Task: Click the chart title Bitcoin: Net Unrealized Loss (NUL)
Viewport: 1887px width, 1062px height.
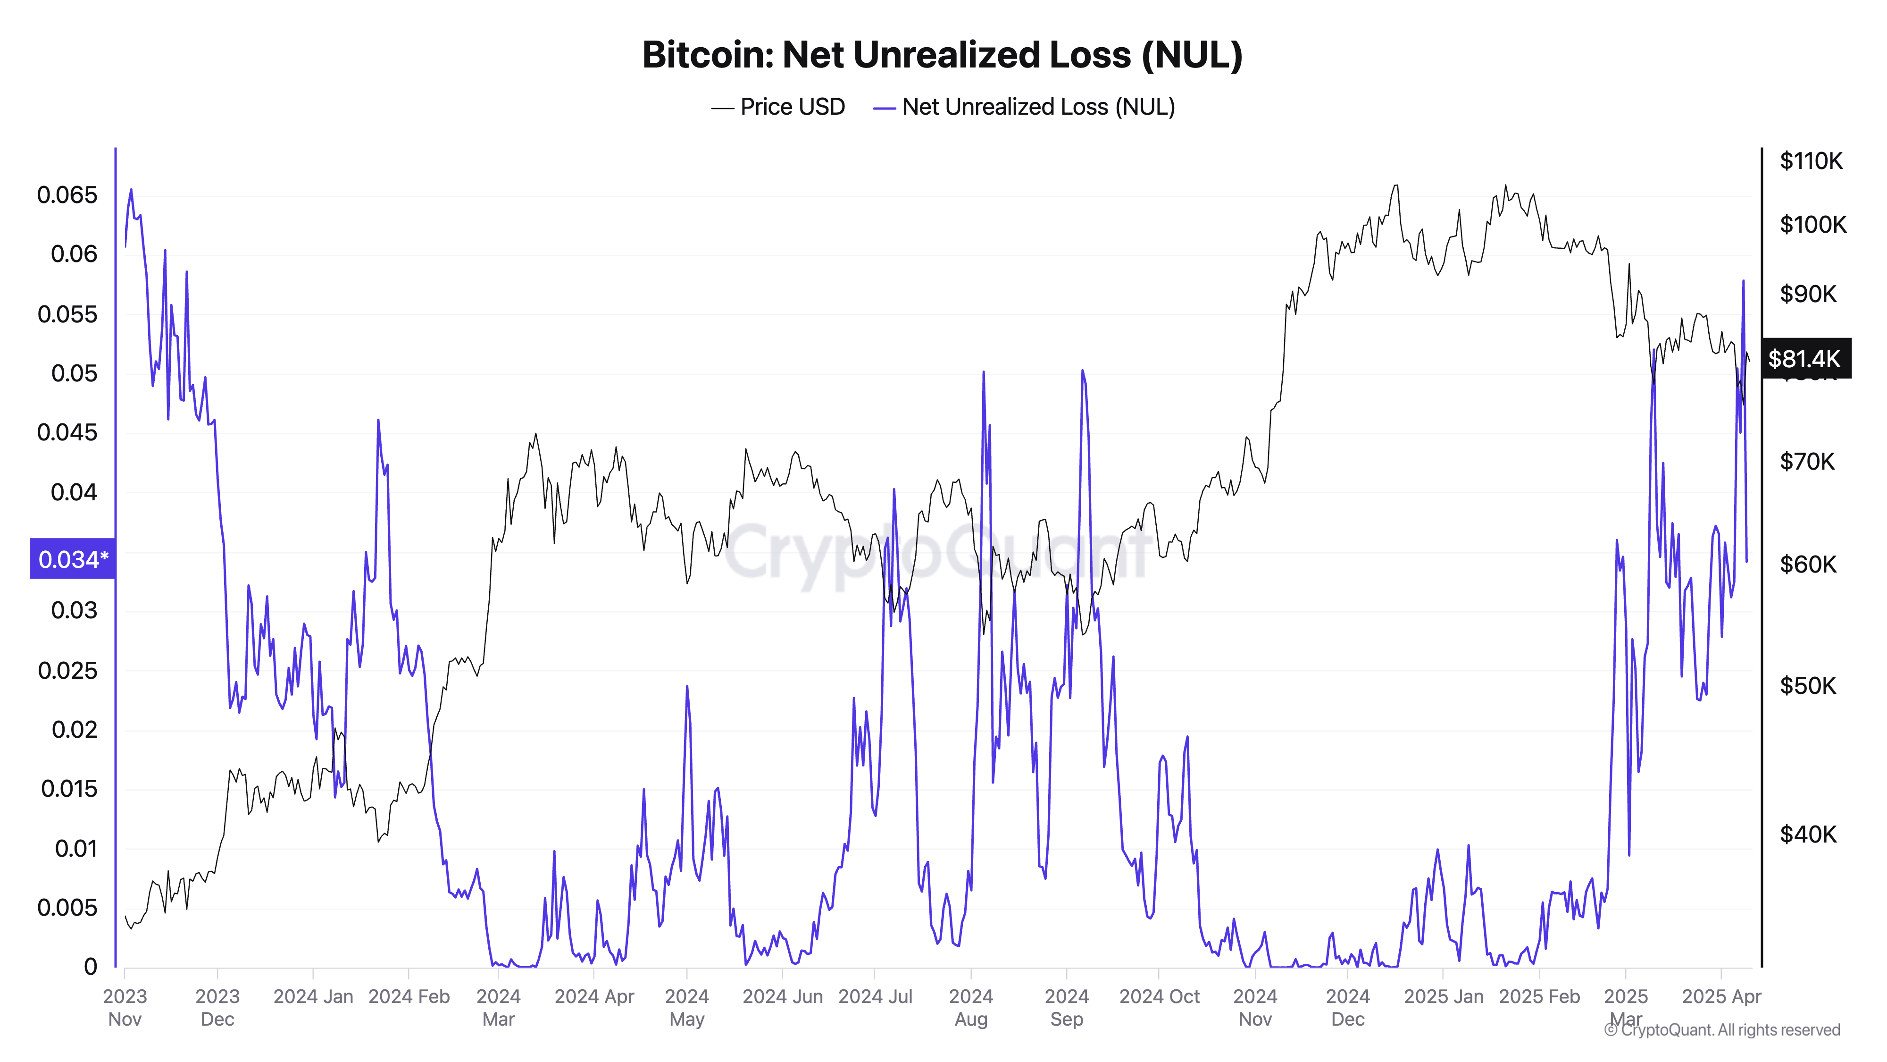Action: point(942,55)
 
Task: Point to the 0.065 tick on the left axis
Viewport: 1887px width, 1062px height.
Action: point(67,195)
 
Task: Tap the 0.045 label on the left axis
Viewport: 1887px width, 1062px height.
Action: point(67,432)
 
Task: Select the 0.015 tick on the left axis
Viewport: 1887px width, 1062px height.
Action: point(69,789)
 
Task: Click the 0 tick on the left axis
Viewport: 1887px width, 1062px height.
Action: point(90,967)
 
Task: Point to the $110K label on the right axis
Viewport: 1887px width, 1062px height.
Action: point(1811,160)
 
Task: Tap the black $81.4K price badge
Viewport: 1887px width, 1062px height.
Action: point(1805,358)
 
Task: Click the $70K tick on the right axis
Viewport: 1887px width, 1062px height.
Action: point(1808,462)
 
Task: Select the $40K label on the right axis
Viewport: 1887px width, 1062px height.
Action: point(1808,834)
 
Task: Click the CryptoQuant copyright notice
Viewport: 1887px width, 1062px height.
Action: point(1721,1030)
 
